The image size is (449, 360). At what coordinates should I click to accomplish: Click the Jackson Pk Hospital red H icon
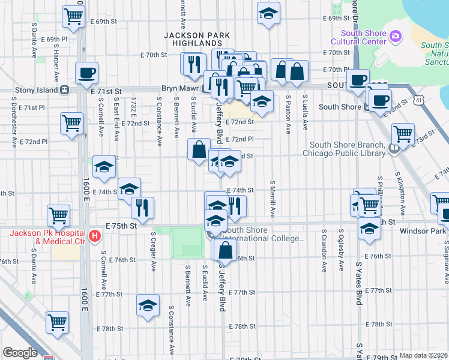click(94, 236)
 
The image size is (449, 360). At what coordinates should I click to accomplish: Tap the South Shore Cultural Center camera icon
click(395, 37)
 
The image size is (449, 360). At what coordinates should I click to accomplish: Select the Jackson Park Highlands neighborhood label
click(197, 40)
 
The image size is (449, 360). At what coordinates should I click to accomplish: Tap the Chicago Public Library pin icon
click(394, 149)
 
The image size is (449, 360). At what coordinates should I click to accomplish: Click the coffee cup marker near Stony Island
click(86, 74)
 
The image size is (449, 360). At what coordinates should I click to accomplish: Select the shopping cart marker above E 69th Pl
click(73, 17)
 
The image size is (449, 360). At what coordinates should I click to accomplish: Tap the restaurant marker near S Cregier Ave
click(142, 208)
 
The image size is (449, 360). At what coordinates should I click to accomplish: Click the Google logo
click(20, 352)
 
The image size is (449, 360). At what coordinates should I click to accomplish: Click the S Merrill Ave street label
click(273, 199)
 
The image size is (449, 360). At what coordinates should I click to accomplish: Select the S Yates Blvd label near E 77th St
click(358, 283)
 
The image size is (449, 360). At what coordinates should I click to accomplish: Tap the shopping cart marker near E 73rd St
click(402, 133)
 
